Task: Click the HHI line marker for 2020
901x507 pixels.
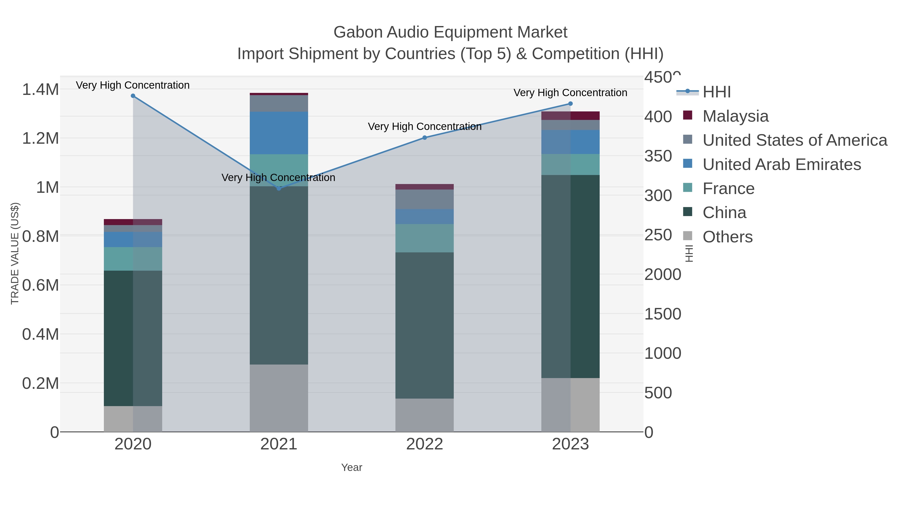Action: (133, 96)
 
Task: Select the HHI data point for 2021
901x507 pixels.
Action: (279, 189)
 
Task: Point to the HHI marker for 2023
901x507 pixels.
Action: (570, 104)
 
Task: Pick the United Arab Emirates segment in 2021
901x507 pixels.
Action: (279, 133)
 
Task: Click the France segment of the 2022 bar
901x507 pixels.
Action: (425, 238)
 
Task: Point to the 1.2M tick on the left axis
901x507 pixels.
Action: (41, 138)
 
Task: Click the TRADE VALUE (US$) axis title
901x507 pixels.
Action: (15, 253)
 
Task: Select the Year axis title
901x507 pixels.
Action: (352, 467)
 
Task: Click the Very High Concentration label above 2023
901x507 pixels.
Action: (570, 93)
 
